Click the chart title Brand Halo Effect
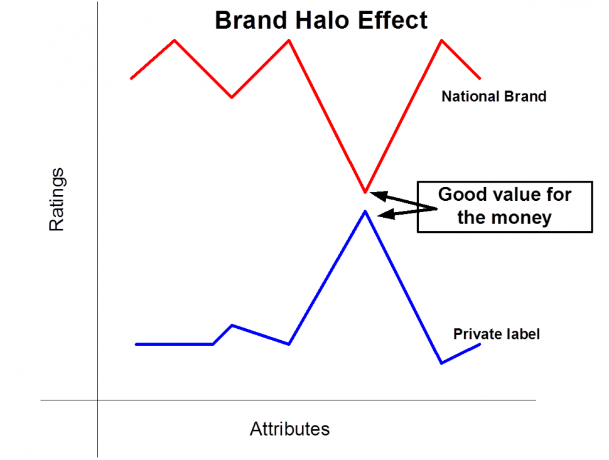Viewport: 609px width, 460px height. pyautogui.click(x=321, y=20)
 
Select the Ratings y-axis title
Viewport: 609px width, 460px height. pyautogui.click(x=57, y=200)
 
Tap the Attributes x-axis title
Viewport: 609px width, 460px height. pyautogui.click(x=289, y=429)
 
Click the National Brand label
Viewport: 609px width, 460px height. pyautogui.click(x=493, y=97)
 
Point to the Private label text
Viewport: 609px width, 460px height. pyautogui.click(x=496, y=334)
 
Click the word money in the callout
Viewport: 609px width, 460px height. pyautogui.click(x=522, y=218)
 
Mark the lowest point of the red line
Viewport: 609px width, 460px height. pyautogui.click(x=365, y=191)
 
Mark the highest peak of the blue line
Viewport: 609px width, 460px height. pyautogui.click(x=365, y=211)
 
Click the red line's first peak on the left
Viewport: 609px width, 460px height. pyautogui.click(x=175, y=40)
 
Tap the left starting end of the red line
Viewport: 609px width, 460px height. pyautogui.click(x=131, y=78)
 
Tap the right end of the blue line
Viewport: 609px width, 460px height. pyautogui.click(x=480, y=344)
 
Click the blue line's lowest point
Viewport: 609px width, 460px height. pyautogui.click(x=442, y=363)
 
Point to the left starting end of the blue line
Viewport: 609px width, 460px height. pyautogui.click(x=136, y=344)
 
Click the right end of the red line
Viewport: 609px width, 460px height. pyautogui.click(x=480, y=78)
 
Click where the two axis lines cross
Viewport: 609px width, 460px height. pyautogui.click(x=98, y=400)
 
